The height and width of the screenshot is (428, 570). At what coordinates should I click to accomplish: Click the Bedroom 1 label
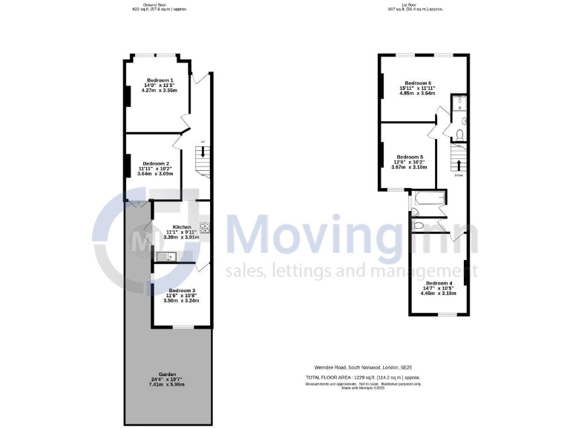160,80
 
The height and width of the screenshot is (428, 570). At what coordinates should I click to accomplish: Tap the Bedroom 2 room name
157,163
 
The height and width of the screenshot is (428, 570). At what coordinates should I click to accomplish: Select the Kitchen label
182,227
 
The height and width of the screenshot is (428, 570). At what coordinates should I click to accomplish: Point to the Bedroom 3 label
182,291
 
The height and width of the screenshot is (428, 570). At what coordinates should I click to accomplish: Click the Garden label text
167,374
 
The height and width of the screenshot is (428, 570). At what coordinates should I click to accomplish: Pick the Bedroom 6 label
418,82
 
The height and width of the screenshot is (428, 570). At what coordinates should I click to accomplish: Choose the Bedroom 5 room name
410,157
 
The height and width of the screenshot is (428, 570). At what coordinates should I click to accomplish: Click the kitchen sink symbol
165,257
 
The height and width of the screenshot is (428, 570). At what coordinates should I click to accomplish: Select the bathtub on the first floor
429,198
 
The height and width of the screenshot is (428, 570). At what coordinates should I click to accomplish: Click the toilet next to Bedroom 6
459,134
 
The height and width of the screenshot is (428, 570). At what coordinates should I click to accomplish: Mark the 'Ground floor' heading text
159,5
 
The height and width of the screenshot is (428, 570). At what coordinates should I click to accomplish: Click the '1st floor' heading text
416,5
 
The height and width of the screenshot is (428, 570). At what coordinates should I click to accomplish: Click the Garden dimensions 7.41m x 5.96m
167,385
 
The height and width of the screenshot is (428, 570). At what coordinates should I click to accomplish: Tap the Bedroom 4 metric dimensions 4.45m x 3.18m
437,294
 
